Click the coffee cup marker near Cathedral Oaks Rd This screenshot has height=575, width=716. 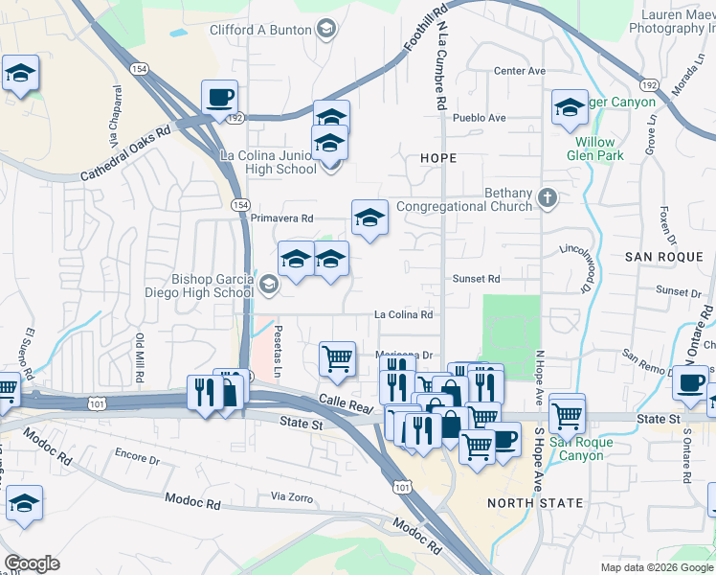click(x=219, y=97)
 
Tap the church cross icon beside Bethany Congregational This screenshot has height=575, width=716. click(x=547, y=198)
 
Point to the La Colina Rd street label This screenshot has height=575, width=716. click(x=403, y=314)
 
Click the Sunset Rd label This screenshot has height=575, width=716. click(x=477, y=279)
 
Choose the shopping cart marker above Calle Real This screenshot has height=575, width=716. click(x=337, y=359)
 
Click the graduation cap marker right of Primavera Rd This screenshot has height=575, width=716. click(x=369, y=218)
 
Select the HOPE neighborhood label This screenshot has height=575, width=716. click(x=438, y=157)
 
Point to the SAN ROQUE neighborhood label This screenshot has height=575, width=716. click(x=663, y=257)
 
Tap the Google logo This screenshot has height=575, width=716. click(x=31, y=563)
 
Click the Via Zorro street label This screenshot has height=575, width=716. click(x=292, y=496)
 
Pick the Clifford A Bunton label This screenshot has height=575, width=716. click(x=260, y=30)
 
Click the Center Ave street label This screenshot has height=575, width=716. click(x=520, y=71)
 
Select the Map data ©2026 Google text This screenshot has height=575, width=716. click(x=657, y=567)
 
